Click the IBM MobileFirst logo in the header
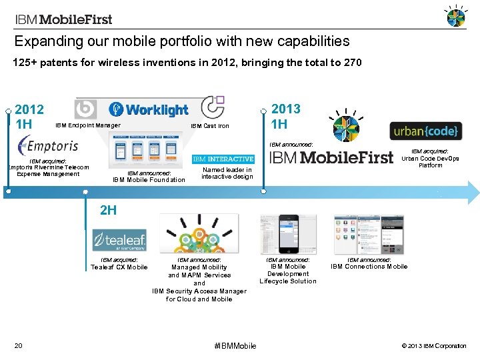pos(64,19)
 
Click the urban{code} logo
pos(425,131)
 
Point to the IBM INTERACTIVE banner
pos(223,159)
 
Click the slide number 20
pos(19,345)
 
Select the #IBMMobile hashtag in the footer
pos(235,345)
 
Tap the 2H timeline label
pos(108,211)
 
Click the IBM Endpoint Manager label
pos(87,125)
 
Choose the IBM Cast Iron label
pos(209,126)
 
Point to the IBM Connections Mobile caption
pos(369,267)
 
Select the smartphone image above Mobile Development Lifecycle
pos(288,234)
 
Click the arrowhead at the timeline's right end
pos(472,192)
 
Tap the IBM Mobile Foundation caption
pos(149,180)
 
